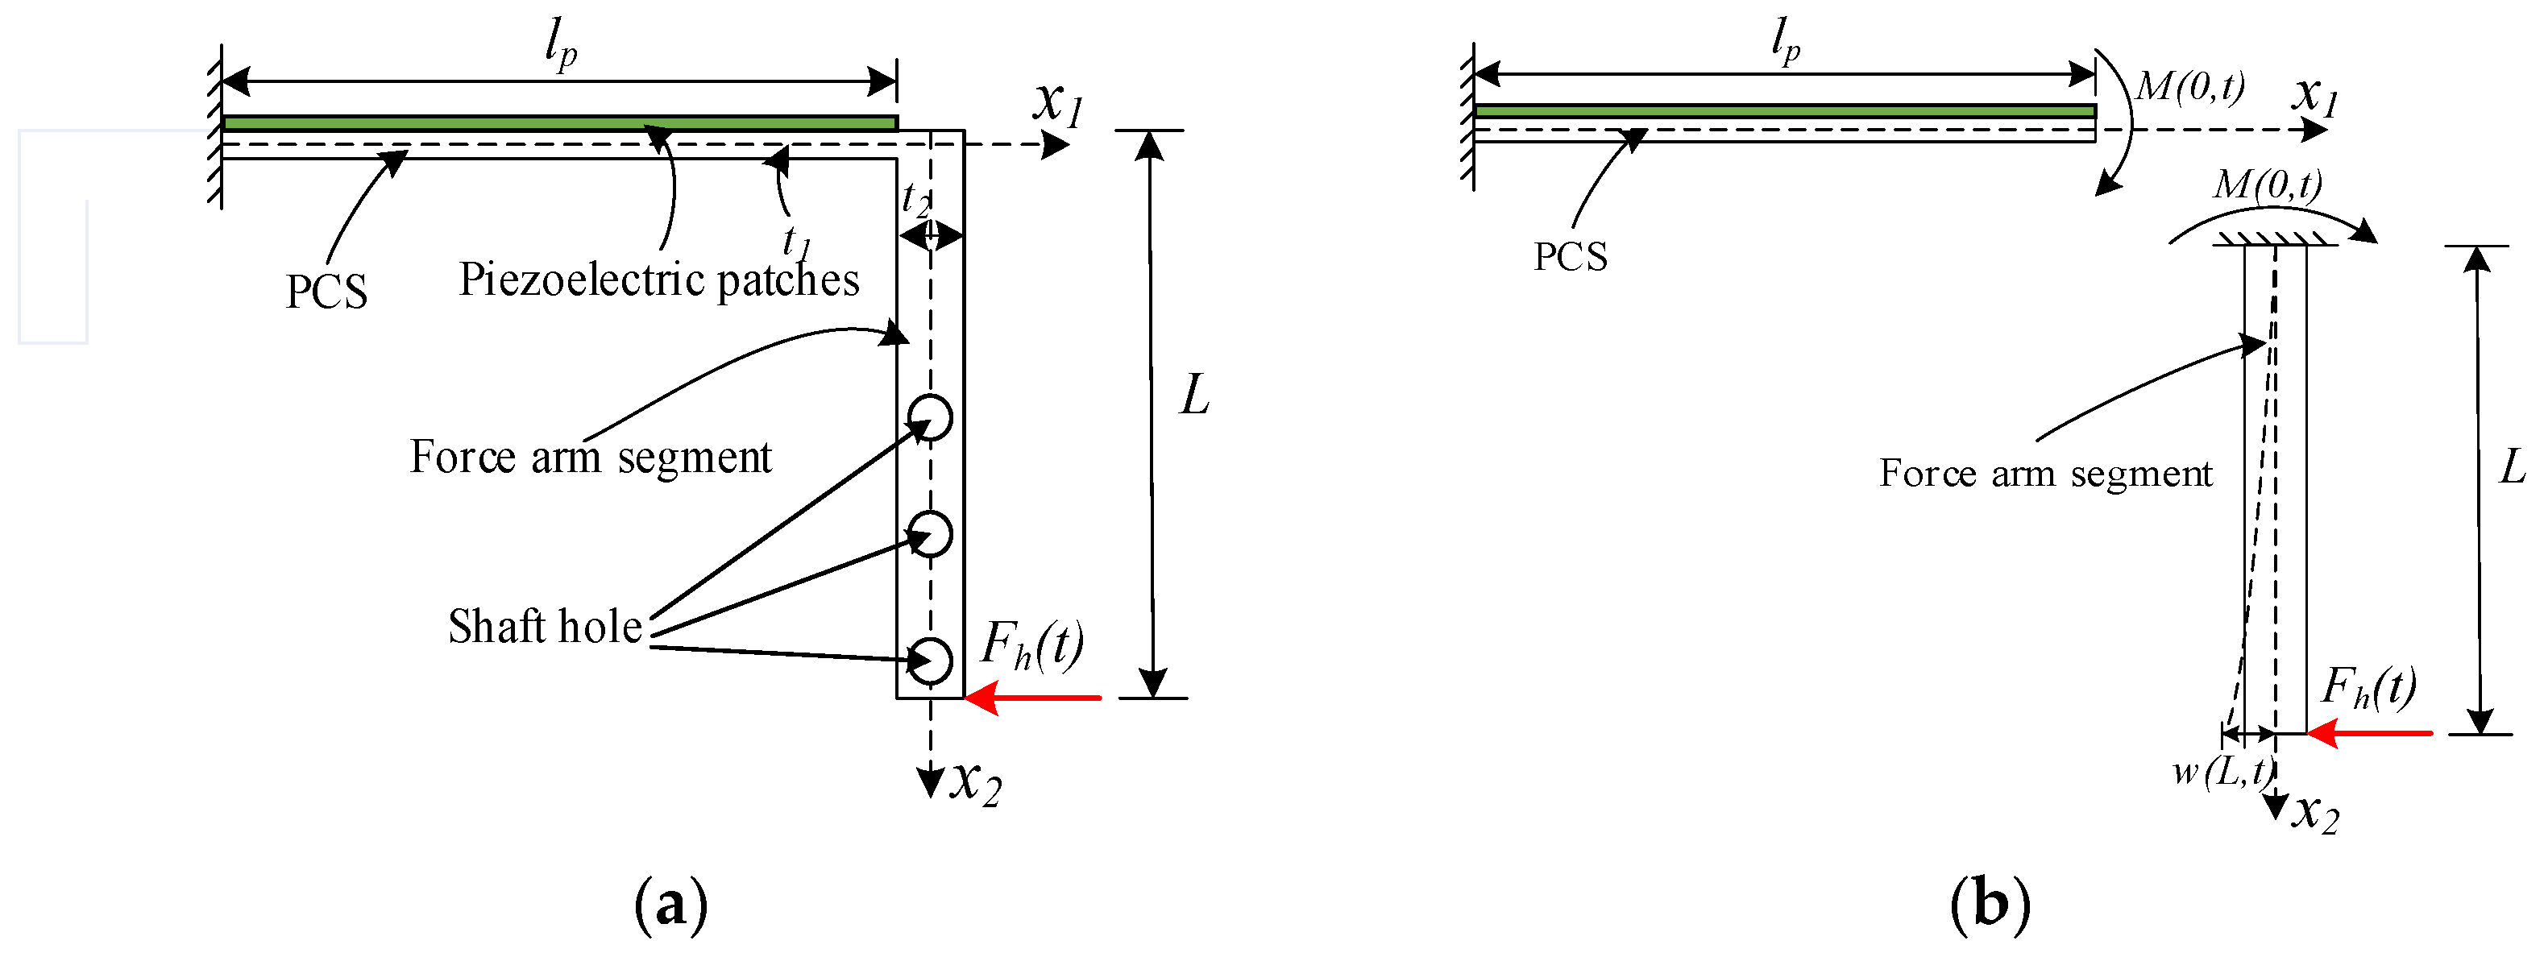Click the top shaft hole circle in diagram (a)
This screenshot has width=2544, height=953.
pos(930,416)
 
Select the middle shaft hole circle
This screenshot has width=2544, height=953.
pos(930,534)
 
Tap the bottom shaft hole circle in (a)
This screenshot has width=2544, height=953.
pos(930,661)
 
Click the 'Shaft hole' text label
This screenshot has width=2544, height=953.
pos(545,627)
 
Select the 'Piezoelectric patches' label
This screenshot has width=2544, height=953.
pos(658,280)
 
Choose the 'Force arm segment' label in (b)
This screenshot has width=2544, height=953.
pos(2045,474)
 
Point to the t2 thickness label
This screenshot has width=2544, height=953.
pos(915,201)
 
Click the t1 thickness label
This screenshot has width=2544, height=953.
pos(796,240)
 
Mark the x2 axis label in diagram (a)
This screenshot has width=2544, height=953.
pos(976,782)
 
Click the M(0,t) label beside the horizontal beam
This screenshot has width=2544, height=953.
pos(2189,87)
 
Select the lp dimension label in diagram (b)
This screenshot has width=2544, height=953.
pos(1785,41)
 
